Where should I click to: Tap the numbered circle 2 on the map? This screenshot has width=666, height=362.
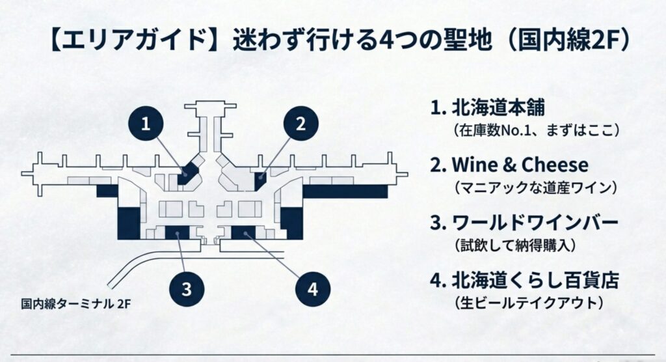coord(300,124)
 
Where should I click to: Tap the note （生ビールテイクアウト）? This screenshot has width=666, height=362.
coord(526,303)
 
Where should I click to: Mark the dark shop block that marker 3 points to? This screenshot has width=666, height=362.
coord(176,232)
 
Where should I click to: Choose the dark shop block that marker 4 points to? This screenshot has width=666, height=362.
coord(243,232)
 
